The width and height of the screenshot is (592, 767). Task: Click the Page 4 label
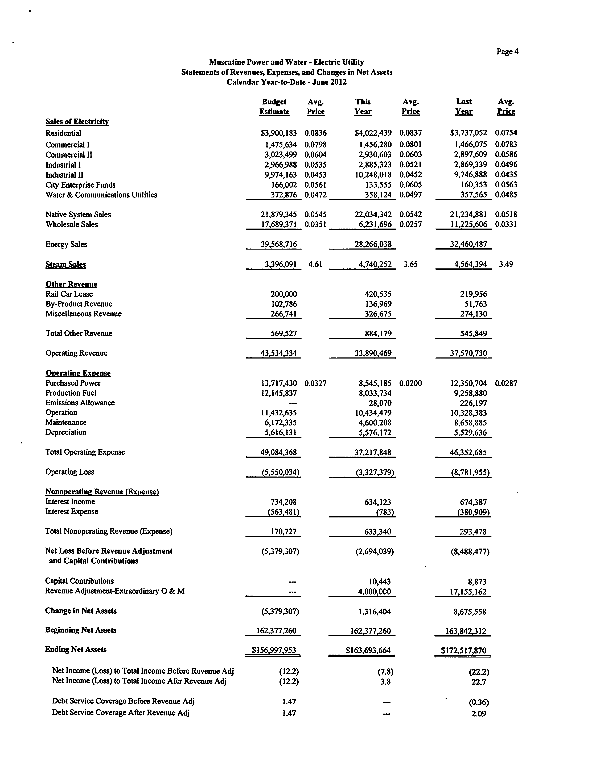tap(507, 52)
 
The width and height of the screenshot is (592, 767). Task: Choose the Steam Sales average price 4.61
tap(315, 264)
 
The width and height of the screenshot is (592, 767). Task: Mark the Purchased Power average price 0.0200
tap(411, 383)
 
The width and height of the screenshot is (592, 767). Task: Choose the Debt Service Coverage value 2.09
tap(479, 714)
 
